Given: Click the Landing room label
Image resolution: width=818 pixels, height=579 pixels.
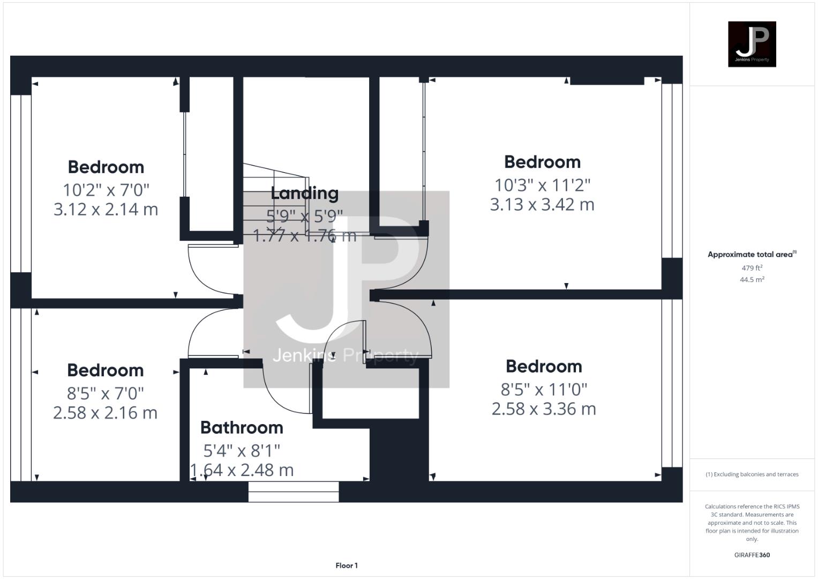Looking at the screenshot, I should pos(304,193).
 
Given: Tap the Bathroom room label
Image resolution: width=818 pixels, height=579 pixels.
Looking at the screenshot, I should pos(242,427).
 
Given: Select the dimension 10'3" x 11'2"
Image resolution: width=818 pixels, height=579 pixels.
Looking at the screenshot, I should pos(542,185).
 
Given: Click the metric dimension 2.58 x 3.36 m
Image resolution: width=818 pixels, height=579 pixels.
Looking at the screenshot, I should pos(544,409).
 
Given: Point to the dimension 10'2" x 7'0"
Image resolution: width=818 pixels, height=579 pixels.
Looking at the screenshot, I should pos(106,190).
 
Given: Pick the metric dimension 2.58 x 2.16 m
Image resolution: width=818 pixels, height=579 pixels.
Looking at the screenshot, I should pos(105,413).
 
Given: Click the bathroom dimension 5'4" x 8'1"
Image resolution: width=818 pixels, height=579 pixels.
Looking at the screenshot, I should pos(242,450).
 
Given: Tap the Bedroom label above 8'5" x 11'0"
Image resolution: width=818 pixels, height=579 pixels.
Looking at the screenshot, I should pos(544,367).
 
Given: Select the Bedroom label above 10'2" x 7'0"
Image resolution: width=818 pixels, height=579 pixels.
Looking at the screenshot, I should pos(106,167).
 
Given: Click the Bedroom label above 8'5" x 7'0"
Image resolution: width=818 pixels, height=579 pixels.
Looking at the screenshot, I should pos(105,370).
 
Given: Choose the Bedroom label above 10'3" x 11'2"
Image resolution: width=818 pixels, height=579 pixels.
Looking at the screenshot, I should pos(542,162).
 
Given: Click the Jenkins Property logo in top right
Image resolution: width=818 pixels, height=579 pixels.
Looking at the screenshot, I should pos(752,44).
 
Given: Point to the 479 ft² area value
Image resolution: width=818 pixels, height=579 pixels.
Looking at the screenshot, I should pos(752,268).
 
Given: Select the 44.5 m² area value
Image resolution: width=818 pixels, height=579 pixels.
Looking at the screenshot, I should pos(752,279).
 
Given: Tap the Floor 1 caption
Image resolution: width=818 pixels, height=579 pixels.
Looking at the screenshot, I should pos(347,566).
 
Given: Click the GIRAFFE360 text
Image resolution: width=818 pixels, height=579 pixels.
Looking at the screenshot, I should pos(752,555).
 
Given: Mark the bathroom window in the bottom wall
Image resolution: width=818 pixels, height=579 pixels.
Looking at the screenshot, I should pos(294,492).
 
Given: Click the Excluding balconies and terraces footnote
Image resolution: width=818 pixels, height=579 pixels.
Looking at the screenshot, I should pos(752,474).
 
